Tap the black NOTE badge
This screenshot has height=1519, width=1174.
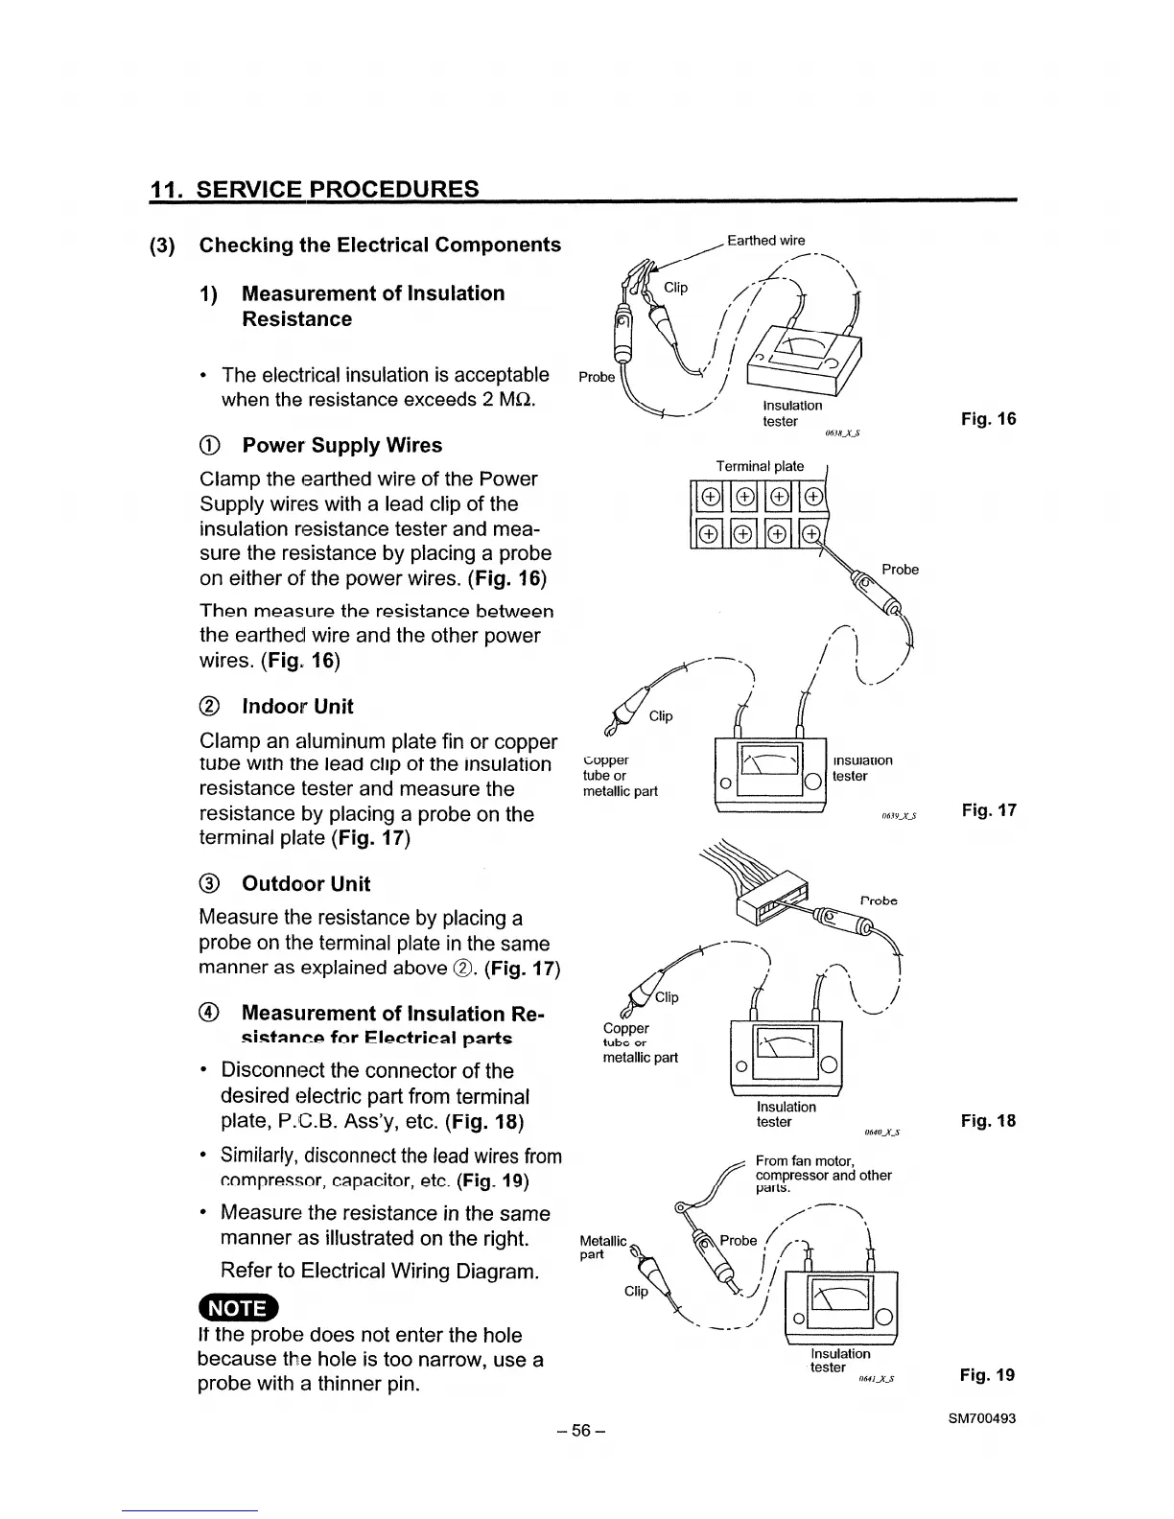pos(236,1308)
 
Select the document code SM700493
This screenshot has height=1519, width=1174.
pos(977,1418)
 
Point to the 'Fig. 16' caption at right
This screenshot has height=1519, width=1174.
pos(988,419)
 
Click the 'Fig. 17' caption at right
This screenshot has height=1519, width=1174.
pos(988,811)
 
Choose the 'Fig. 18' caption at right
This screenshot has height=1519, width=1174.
pos(988,1121)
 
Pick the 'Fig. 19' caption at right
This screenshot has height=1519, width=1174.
pos(988,1375)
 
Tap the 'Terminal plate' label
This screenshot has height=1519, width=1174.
pos(760,466)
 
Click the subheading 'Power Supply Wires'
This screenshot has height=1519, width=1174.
pos(341,446)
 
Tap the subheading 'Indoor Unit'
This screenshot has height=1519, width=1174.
pos(297,707)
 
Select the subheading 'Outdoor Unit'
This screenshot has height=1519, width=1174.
pos(306,884)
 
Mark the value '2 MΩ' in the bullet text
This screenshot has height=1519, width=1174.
pos(509,399)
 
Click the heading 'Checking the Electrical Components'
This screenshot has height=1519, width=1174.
pos(380,245)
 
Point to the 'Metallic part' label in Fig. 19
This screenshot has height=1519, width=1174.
pos(602,1248)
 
